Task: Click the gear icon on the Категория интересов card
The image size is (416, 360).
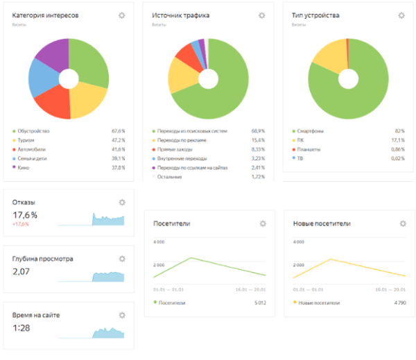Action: [122, 15]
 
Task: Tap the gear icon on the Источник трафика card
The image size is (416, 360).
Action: [261, 15]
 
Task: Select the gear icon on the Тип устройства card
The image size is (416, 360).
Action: [401, 15]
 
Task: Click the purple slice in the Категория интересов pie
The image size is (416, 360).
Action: [52, 55]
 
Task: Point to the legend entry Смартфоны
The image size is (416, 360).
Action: [310, 130]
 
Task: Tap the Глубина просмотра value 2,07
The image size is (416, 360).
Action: [22, 271]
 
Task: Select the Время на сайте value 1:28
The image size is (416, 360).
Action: [21, 327]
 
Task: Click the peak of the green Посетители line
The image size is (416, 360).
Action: [190, 258]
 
